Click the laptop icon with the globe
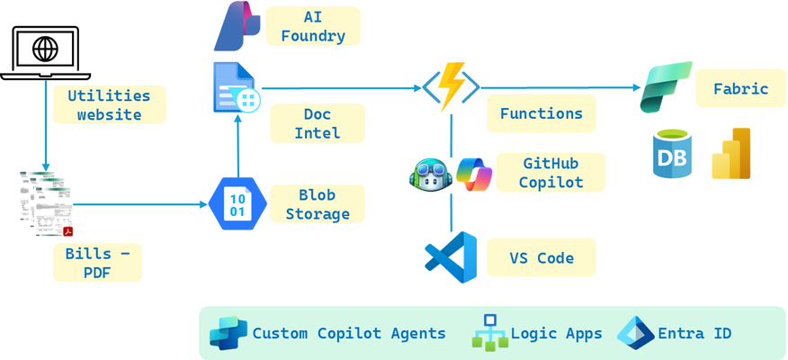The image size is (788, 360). pyautogui.click(x=45, y=52)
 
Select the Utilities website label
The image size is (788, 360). pyautogui.click(x=109, y=104)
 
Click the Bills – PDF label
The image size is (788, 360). pyautogui.click(x=97, y=263)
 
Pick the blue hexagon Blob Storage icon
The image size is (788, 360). pyautogui.click(x=237, y=204)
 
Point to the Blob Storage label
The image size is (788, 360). pyautogui.click(x=318, y=204)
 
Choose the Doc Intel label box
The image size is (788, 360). pyautogui.click(x=318, y=123)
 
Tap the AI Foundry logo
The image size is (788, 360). pyautogui.click(x=237, y=26)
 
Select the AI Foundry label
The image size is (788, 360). pyautogui.click(x=312, y=26)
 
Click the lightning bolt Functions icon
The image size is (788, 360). pyautogui.click(x=452, y=86)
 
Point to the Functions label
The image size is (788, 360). pyautogui.click(x=542, y=113)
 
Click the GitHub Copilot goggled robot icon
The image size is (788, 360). pyautogui.click(x=431, y=175)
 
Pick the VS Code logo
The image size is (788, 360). pyautogui.click(x=451, y=256)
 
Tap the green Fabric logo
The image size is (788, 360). pyautogui.click(x=667, y=87)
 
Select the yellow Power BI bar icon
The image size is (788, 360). pyautogui.click(x=731, y=153)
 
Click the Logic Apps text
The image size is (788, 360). pyautogui.click(x=556, y=333)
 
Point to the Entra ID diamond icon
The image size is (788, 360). pyautogui.click(x=636, y=333)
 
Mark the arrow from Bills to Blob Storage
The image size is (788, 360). pyautogui.click(x=141, y=204)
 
